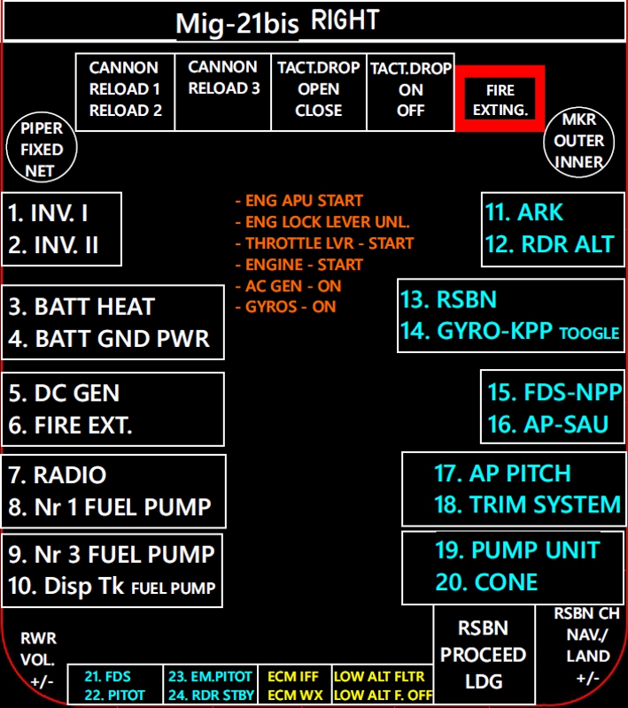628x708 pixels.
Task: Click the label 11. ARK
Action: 524,213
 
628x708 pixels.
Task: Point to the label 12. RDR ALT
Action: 549,245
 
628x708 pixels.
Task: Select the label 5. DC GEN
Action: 65,393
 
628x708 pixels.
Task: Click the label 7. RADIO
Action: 58,475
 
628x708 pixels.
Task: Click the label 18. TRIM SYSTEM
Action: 528,505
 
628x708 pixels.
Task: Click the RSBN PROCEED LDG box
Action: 484,655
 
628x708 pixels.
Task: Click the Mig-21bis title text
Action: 237,24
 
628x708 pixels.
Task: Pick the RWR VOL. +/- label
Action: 37,659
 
